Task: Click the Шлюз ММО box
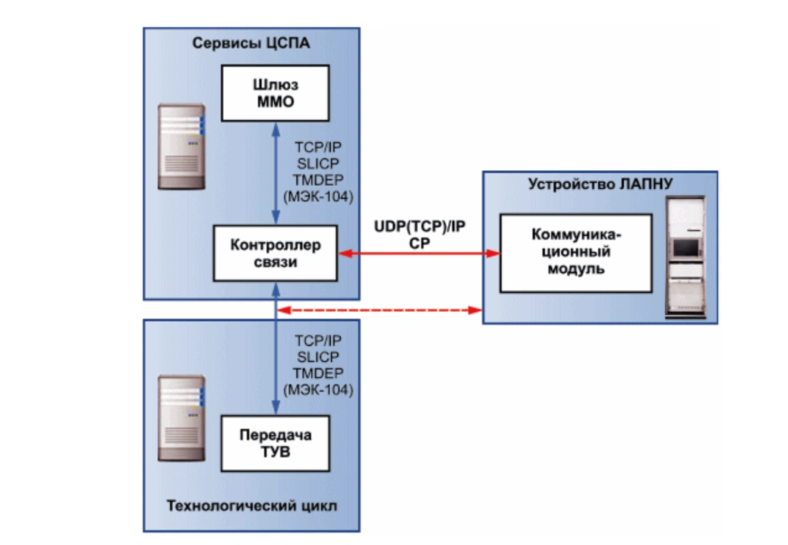[275, 93]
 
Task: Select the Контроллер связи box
[275, 253]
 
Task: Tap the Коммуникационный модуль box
[575, 253]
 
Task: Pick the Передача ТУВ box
[275, 443]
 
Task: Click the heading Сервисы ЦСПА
[251, 43]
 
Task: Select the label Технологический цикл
[252, 507]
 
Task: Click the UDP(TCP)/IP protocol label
[419, 227]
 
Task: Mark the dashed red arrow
[378, 311]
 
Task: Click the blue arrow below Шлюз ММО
[275, 173]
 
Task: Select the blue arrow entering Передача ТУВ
[275, 361]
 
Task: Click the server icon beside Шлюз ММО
[182, 139]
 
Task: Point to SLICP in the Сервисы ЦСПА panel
[316, 164]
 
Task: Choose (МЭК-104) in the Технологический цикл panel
[318, 389]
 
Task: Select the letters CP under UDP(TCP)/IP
[419, 242]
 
